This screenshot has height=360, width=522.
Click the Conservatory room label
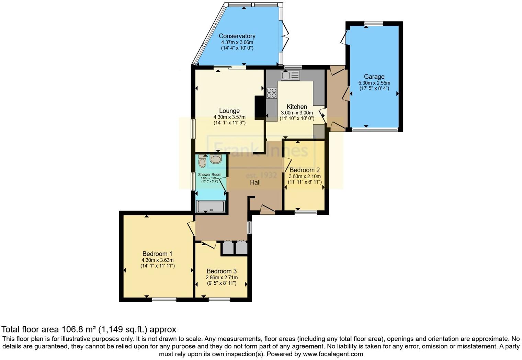pos(237,36)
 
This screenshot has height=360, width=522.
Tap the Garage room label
pos(374,77)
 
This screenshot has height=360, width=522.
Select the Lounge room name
pos(229,111)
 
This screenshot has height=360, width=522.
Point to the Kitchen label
pos(297,106)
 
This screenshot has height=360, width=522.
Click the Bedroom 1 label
pos(157,254)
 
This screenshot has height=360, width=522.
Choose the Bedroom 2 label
pos(305,170)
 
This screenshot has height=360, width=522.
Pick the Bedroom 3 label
pos(222,271)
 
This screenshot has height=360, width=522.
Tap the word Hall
pos(255,182)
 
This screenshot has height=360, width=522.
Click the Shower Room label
pos(209,175)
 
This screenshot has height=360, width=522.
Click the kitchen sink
pos(290,75)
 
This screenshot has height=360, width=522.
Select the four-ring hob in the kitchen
pos(272,93)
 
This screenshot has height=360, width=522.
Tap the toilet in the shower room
pos(202,161)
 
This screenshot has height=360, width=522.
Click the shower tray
pos(211,206)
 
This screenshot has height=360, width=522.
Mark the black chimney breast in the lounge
pos(260,107)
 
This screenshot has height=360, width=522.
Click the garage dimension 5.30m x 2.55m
pos(374,83)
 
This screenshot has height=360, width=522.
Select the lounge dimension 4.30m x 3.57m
pos(229,117)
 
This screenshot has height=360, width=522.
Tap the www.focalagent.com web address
pos(333,354)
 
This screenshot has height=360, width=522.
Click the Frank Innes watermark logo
pos(261,150)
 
